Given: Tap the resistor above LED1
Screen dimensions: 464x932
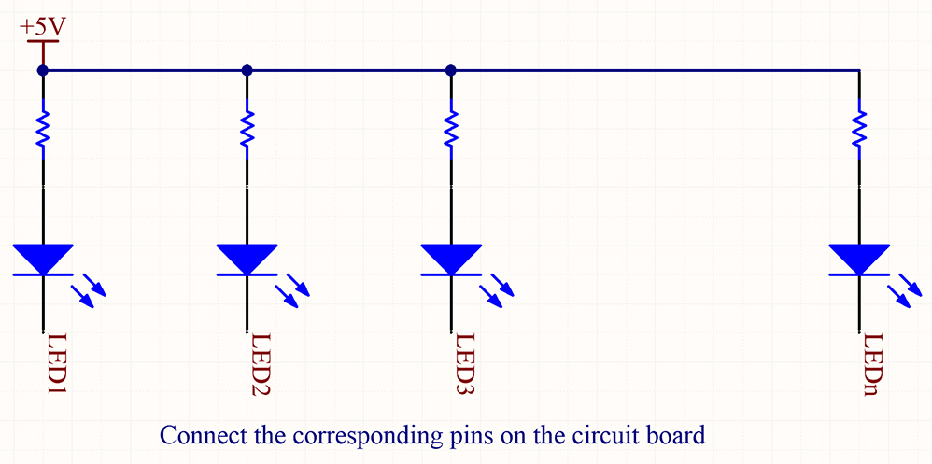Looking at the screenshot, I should (43, 130).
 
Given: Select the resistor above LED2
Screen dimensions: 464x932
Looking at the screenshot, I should (247, 130).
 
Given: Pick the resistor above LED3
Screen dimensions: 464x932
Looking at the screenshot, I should (451, 130).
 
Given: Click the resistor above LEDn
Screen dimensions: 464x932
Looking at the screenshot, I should (860, 130).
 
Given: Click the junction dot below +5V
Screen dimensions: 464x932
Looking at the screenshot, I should (43, 70).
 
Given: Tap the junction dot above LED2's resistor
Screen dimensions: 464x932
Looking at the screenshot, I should (247, 70).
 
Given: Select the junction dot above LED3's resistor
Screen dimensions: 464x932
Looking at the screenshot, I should (451, 70).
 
